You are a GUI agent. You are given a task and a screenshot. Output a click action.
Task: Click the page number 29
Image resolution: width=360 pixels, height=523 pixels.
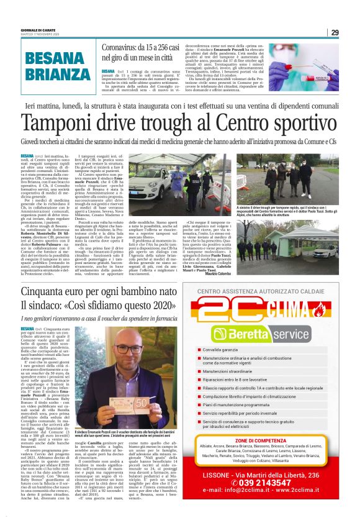tap(335, 32)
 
